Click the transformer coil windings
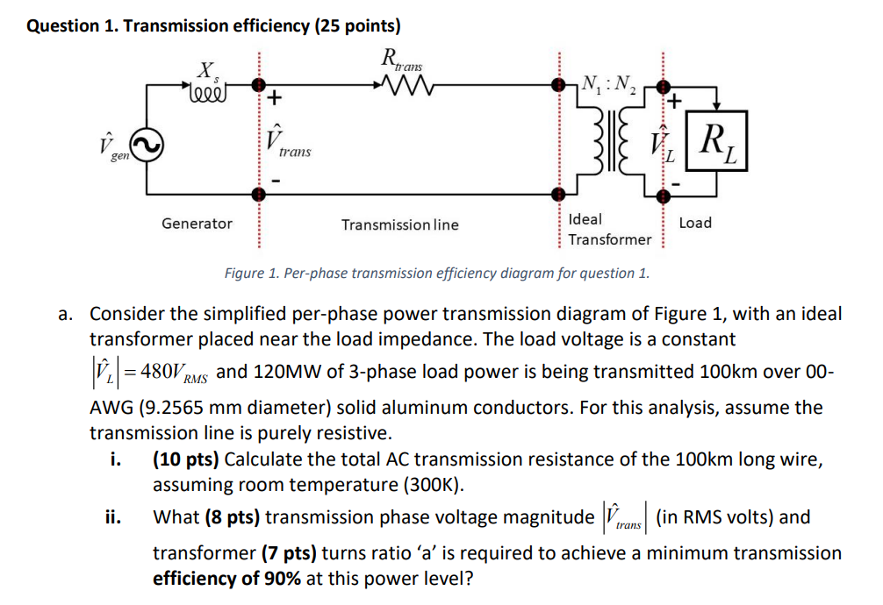611,145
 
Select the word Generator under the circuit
197,224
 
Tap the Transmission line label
399,224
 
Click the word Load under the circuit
695,223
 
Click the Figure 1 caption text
437,273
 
